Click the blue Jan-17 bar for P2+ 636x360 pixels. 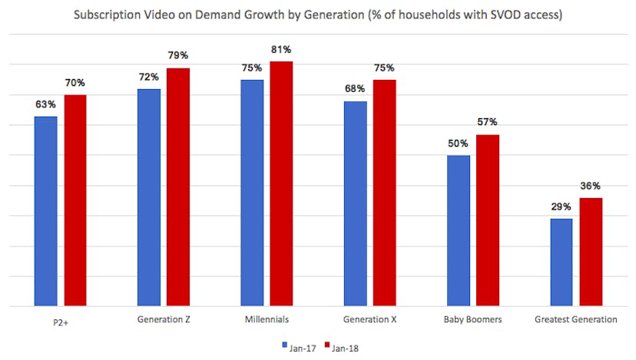[x=45, y=211]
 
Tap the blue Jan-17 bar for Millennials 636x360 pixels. [x=252, y=193]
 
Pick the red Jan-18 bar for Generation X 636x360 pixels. [x=385, y=193]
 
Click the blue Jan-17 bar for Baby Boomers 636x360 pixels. [x=459, y=230]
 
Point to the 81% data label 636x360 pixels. [x=282, y=49]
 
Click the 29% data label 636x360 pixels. [x=561, y=207]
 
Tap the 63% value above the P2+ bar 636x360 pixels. [x=45, y=104]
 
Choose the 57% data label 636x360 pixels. [x=488, y=122]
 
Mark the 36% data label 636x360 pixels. [x=591, y=186]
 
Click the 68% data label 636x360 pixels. [x=355, y=89]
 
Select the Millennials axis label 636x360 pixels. [x=267, y=319]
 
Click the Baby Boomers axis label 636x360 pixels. [x=473, y=319]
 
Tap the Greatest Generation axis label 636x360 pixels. [x=576, y=319]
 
